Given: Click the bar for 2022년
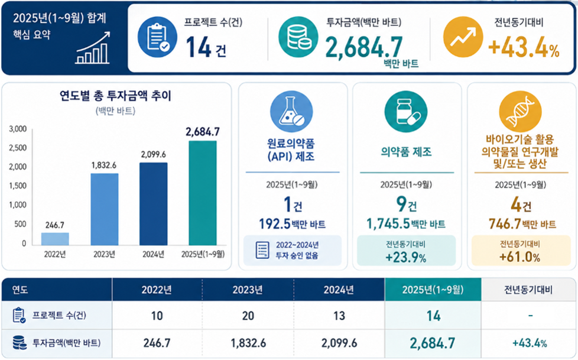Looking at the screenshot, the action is [55, 239].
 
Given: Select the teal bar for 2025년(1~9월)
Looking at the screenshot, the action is [203, 193].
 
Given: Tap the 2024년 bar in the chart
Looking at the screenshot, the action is [153, 204].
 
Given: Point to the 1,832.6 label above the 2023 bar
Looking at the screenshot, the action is [104, 166].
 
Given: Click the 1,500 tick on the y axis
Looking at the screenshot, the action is [18, 186].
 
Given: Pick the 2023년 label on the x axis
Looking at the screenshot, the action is [105, 254].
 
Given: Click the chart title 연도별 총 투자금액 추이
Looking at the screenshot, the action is [116, 96].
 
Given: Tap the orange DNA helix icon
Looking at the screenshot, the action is [520, 111].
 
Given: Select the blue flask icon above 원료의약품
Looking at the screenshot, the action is [291, 111].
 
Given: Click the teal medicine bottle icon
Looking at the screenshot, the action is [406, 111].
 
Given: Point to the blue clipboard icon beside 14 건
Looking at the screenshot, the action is [157, 37].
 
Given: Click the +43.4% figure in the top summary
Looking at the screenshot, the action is [524, 48].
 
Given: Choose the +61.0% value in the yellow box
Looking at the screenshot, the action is [519, 257].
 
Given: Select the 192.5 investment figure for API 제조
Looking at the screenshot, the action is [275, 224].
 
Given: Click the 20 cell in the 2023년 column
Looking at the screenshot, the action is [248, 316].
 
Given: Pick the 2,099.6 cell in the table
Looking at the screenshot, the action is [339, 343].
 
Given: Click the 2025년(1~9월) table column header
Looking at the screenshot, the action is [433, 290].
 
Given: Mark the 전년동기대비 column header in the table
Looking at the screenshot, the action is [528, 290].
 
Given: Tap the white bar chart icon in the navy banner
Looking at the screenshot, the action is [93, 48].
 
